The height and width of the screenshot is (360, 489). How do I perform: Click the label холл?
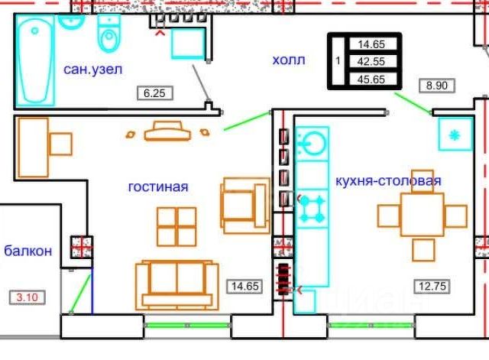tap(289, 60)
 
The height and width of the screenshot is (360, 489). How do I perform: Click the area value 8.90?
tap(436, 86)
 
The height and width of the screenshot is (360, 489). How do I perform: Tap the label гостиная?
tap(158, 186)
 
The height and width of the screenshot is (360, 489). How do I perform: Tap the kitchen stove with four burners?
tap(313, 209)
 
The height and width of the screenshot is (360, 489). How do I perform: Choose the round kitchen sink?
tap(313, 143)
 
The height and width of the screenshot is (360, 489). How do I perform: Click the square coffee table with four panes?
tap(176, 226)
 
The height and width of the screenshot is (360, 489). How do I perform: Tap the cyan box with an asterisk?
tap(455, 135)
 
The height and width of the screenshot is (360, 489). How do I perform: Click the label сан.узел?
tap(93, 70)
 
